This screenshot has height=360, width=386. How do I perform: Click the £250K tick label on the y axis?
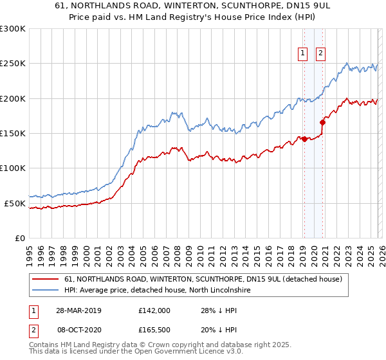13,64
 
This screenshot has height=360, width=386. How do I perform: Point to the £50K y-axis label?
15,203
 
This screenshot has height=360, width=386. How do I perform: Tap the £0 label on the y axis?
19,238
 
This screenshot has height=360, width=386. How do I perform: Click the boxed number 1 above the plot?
303,55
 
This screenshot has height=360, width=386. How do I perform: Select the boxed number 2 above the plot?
320,55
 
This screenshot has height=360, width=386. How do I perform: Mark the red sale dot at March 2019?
304,139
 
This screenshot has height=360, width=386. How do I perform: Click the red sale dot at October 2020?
322,122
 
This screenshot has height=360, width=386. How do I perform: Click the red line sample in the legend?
46,279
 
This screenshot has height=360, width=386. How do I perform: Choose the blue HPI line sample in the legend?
46,290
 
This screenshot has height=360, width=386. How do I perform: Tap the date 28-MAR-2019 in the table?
79,310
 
